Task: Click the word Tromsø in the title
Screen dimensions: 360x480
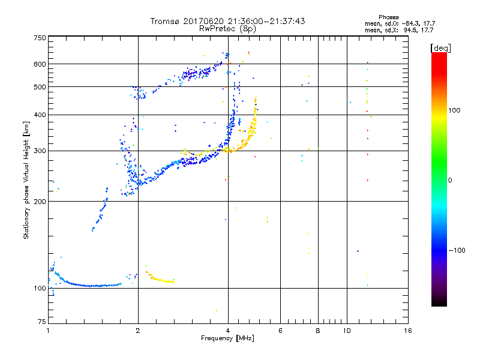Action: [164, 21]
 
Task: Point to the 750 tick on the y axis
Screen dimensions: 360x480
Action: [40, 38]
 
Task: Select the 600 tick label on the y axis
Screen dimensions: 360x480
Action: [40, 64]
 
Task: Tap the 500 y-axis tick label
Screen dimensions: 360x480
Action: [40, 87]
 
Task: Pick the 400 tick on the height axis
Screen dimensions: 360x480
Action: [40, 115]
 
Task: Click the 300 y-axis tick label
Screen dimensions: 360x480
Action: [40, 151]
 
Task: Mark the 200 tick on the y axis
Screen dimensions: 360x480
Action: [40, 202]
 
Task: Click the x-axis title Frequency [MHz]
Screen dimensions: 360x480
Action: [227, 339]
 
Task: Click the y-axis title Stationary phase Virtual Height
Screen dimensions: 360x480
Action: [26, 180]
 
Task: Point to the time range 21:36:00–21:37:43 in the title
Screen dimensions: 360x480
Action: [258, 21]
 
